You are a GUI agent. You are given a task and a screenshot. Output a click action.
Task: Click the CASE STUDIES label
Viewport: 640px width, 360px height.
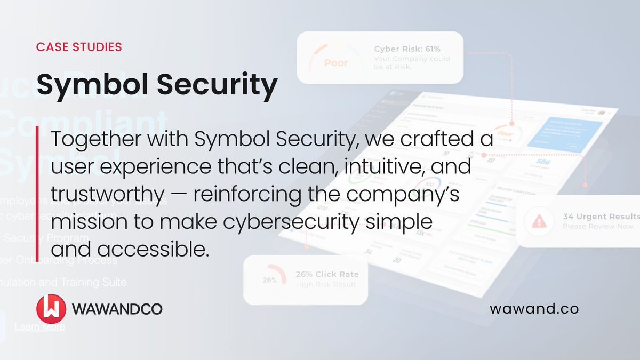coord(79,47)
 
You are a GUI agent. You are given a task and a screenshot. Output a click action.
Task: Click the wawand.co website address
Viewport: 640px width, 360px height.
coord(534,308)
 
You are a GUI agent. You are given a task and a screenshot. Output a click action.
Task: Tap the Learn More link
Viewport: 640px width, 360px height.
coord(39,326)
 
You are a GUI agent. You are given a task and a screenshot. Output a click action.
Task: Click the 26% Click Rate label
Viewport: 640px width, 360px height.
coord(327,274)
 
